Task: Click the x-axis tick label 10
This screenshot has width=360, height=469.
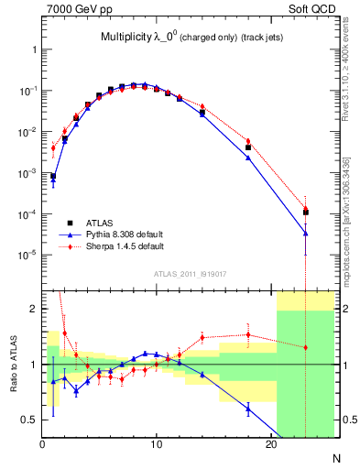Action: tap(157, 446)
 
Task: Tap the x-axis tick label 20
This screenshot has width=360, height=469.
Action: tap(271, 446)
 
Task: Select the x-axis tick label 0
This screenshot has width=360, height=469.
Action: tap(43, 446)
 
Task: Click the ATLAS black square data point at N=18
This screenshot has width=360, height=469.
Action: tap(248, 147)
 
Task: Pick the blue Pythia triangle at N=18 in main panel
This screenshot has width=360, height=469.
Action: tap(248, 158)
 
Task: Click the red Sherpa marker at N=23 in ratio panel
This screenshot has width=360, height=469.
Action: tap(305, 347)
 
